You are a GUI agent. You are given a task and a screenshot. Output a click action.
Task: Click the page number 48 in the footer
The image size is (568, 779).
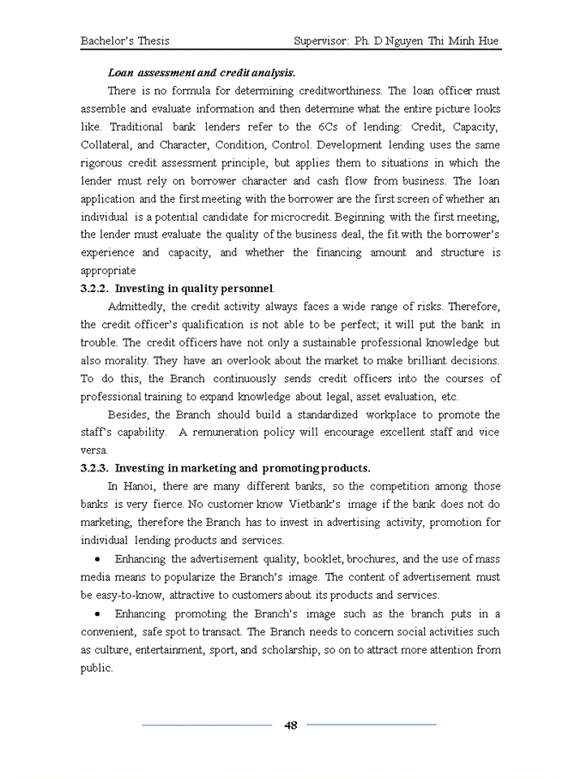click(x=290, y=725)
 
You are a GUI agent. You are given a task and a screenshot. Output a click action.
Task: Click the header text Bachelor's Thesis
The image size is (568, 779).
click(x=125, y=41)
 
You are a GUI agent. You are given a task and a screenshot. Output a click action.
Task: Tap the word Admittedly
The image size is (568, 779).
click(x=136, y=307)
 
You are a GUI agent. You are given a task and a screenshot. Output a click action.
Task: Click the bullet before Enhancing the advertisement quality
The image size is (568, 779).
click(x=97, y=560)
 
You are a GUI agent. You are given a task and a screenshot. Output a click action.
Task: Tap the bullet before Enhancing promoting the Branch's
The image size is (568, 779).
click(x=97, y=614)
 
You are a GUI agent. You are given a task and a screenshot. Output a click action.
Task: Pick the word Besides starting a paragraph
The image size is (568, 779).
click(x=130, y=415)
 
